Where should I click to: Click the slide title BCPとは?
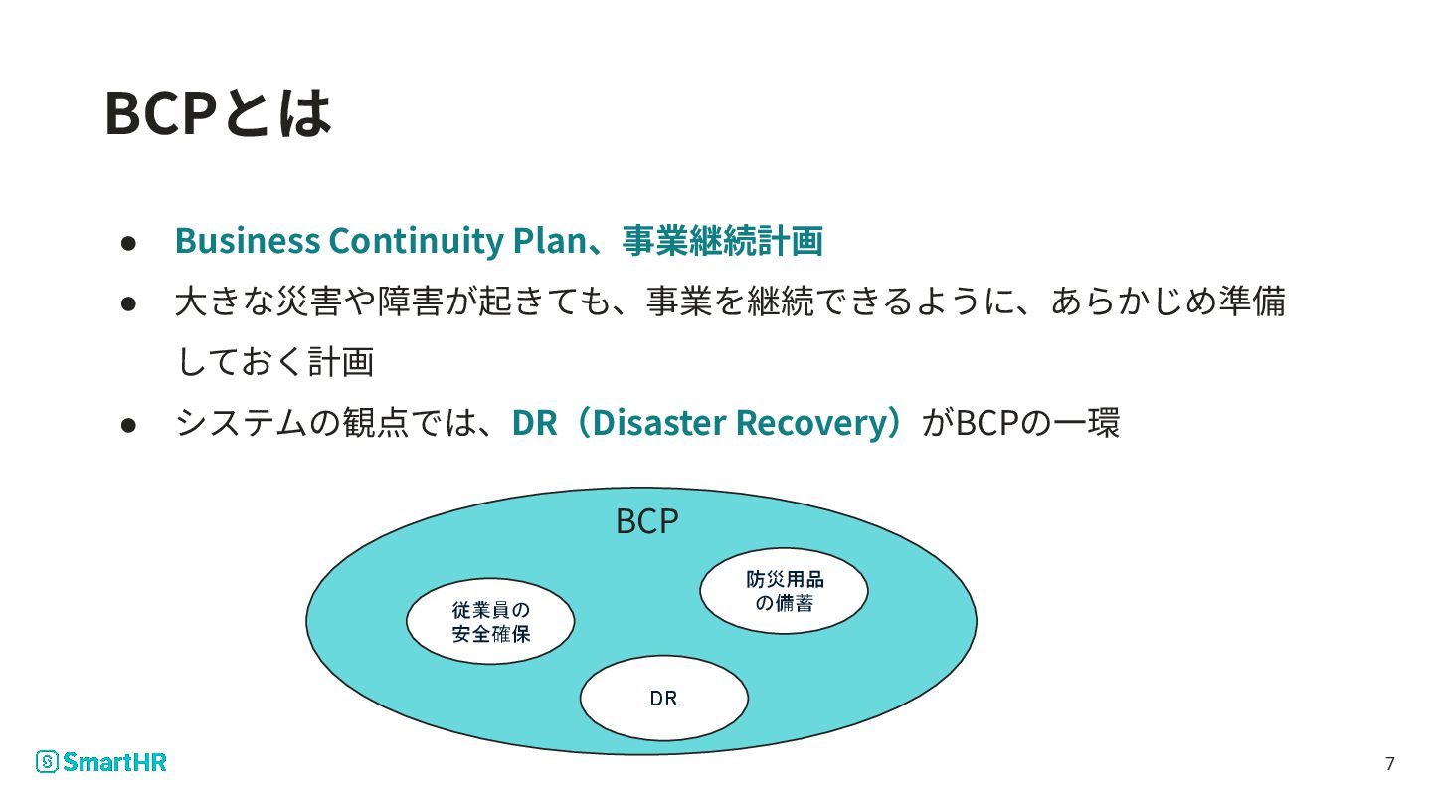point(217,113)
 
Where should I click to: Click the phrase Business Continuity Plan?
point(378,241)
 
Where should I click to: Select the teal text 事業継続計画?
point(723,241)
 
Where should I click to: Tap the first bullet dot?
point(128,243)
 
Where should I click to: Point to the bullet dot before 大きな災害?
point(128,303)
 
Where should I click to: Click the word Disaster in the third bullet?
point(660,423)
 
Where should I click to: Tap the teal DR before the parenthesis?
point(534,423)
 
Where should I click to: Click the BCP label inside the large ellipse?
point(647,521)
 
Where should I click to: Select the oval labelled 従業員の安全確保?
point(490,621)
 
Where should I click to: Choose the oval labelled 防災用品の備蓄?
point(784,591)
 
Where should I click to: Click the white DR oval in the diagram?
point(663,699)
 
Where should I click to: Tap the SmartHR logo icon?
point(47,762)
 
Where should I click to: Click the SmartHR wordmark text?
point(114,762)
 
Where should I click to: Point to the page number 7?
point(1389,764)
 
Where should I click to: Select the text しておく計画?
point(274,362)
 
